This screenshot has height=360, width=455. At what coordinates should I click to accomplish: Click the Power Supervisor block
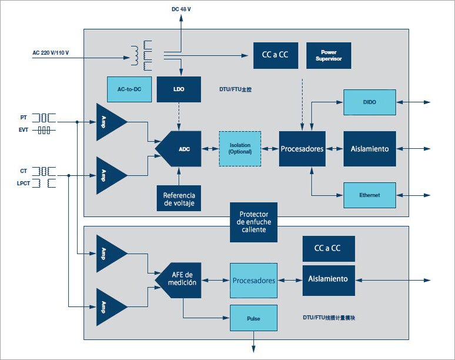[329, 55]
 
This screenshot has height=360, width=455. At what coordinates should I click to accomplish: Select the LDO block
[179, 89]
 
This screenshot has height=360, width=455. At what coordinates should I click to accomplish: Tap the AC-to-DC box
[129, 89]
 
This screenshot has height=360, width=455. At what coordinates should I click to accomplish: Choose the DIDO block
[370, 102]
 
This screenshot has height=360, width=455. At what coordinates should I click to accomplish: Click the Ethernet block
[370, 195]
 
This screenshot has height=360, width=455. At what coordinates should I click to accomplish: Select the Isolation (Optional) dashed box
[240, 149]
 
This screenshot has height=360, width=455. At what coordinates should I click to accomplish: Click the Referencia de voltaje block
[179, 199]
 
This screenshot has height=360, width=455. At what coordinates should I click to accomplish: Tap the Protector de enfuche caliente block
[253, 222]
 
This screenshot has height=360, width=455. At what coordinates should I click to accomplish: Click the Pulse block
[253, 318]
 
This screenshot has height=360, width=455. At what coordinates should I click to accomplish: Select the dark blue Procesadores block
[302, 149]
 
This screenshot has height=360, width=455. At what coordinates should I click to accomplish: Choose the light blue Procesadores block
[253, 281]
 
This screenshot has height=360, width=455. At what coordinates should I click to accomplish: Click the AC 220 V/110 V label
[51, 54]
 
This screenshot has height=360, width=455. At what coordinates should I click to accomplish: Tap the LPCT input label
[24, 184]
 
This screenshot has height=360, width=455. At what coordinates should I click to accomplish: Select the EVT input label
[23, 130]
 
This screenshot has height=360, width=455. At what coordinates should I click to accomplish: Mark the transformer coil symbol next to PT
[44, 118]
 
